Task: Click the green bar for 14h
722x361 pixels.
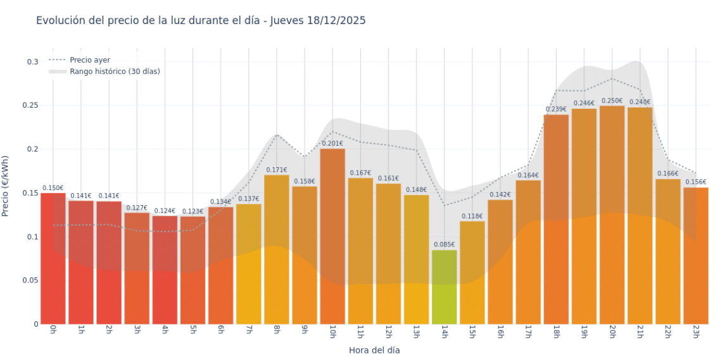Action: (x=444, y=287)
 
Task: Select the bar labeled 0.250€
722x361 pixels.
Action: (x=612, y=215)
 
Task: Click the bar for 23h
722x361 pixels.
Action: (x=695, y=256)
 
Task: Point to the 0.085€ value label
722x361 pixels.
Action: (x=444, y=244)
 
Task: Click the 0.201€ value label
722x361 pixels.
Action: (x=332, y=143)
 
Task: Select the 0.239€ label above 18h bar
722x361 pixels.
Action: (x=556, y=109)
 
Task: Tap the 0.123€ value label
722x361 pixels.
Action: (x=193, y=211)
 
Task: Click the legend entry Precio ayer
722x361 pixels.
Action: (x=90, y=60)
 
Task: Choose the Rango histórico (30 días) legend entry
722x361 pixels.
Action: (x=115, y=72)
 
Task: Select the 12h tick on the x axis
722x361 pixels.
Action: (x=388, y=332)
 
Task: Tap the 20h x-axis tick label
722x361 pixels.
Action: (x=612, y=332)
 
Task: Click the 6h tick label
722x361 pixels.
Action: (x=220, y=331)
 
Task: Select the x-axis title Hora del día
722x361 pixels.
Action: (x=374, y=350)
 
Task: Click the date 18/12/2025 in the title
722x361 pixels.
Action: (x=334, y=21)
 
